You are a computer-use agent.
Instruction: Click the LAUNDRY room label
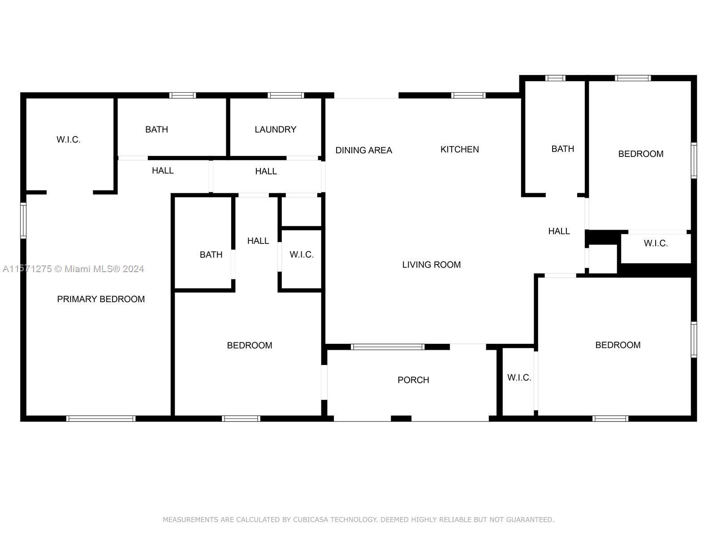[x=275, y=130]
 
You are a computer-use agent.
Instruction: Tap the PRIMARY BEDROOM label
[x=101, y=299]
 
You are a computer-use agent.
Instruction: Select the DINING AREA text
[x=363, y=150]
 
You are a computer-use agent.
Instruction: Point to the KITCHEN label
[x=460, y=149]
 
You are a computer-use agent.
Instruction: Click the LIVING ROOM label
[x=431, y=265]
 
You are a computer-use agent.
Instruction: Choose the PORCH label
[x=413, y=380]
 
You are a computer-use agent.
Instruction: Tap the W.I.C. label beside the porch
[x=519, y=377]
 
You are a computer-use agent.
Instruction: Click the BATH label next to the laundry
[x=156, y=130]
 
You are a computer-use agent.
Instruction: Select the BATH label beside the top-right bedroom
[x=562, y=149]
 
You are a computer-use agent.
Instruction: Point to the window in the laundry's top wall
[x=286, y=95]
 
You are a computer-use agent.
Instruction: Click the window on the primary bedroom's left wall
[x=23, y=221]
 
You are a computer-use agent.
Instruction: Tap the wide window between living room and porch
[x=388, y=347]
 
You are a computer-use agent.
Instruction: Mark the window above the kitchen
[x=468, y=95]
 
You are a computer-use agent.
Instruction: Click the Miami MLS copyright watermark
[x=73, y=269]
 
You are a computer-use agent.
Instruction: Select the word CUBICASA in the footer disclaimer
[x=310, y=519]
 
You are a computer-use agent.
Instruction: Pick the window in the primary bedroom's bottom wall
[x=101, y=418]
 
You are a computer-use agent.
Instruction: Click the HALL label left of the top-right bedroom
[x=559, y=231]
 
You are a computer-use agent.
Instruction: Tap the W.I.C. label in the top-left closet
[x=68, y=139]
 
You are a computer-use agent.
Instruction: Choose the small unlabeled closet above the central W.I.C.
[x=301, y=211]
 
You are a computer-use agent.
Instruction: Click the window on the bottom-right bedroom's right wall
[x=694, y=340]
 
